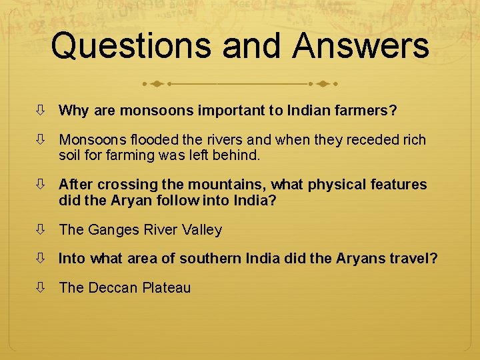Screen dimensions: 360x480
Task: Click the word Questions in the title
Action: [x=131, y=46]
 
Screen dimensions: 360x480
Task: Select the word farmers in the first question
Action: [x=369, y=110]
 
